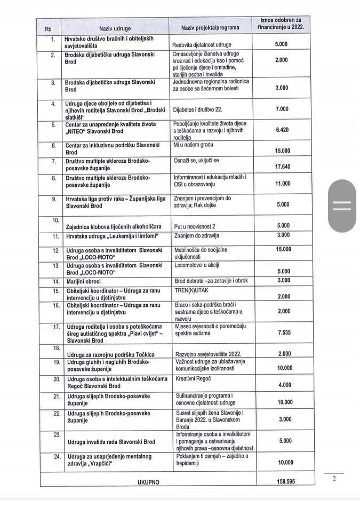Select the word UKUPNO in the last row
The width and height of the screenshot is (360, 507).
click(x=148, y=482)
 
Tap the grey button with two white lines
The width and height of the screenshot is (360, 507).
click(x=341, y=205)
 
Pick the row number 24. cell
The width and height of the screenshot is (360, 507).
click(x=53, y=456)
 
